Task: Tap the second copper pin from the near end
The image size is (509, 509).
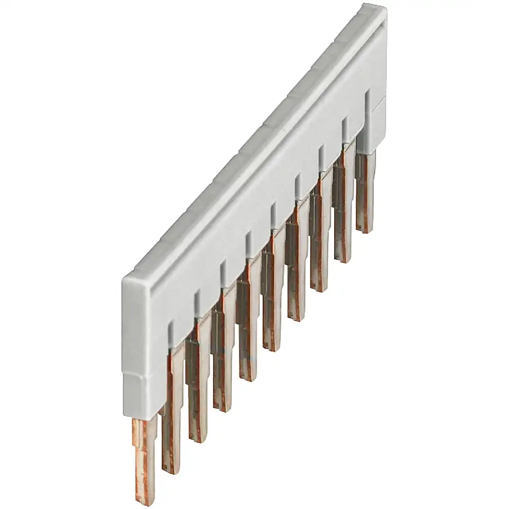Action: (x=172, y=419)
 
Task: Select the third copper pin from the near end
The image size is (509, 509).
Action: (x=196, y=389)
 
